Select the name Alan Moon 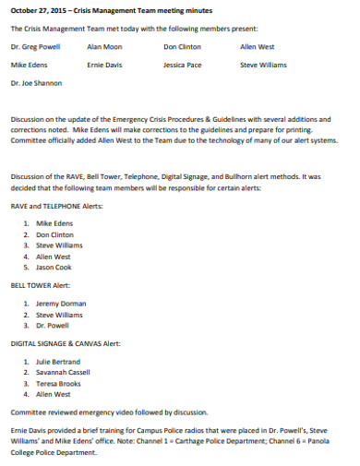103,45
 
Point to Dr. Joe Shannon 36,83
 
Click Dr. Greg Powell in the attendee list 36,45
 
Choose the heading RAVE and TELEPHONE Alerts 56,207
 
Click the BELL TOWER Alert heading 41,286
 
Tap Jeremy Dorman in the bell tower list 60,304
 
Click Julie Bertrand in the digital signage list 58,362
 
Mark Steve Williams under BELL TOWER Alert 59,315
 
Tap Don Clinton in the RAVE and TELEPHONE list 55,234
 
